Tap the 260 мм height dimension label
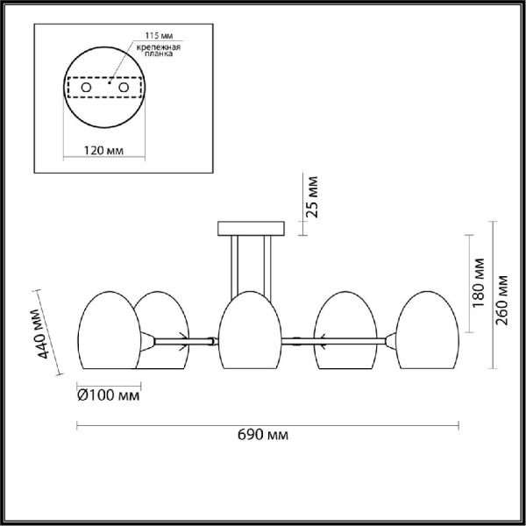click(x=501, y=300)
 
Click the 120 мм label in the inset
click(x=103, y=151)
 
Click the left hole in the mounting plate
click(x=86, y=88)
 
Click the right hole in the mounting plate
click(x=124, y=88)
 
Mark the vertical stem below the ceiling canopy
click(x=250, y=263)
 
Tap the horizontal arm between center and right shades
click(x=302, y=339)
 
